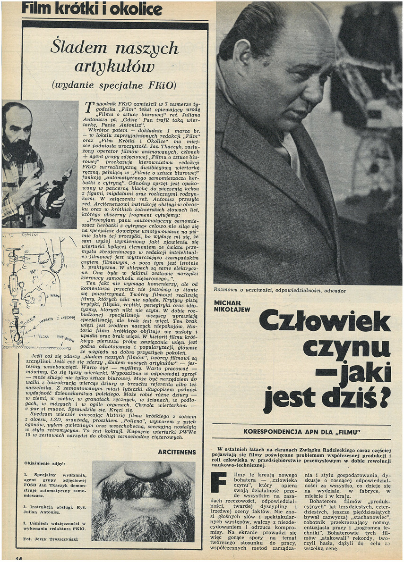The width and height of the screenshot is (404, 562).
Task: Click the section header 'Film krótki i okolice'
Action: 92,8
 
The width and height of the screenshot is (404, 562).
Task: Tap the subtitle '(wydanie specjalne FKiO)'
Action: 114,85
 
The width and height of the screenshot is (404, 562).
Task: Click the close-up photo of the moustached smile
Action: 143,502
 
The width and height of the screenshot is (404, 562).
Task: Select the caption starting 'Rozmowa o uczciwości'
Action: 279,291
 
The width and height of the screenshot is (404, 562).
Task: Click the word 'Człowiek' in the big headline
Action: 325,323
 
